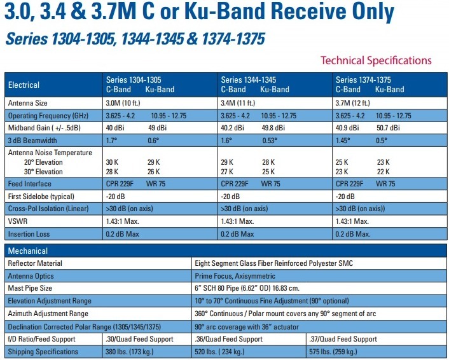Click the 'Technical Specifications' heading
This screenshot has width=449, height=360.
(x=376, y=60)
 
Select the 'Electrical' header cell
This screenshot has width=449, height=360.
(x=24, y=85)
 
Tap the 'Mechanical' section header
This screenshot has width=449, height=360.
(x=28, y=251)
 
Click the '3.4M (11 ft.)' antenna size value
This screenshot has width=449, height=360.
(x=238, y=103)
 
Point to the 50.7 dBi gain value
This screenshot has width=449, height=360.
(x=388, y=128)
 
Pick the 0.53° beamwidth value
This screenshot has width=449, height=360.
(x=270, y=141)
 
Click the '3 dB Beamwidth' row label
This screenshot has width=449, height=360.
(x=32, y=141)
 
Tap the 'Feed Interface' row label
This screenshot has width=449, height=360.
(x=29, y=184)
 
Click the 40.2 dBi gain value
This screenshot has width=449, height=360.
(x=232, y=128)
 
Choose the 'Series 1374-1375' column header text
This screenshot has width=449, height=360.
(x=363, y=80)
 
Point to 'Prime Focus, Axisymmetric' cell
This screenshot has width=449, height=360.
(x=235, y=276)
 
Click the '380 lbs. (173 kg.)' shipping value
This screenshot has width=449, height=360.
(x=130, y=352)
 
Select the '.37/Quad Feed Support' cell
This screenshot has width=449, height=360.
(x=343, y=339)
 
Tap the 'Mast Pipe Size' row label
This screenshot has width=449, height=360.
(x=30, y=288)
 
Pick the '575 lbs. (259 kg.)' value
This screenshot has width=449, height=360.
(x=333, y=352)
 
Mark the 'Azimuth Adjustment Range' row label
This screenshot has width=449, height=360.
(x=48, y=314)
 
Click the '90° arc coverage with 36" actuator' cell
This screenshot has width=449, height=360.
(x=247, y=327)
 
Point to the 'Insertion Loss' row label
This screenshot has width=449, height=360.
(x=29, y=234)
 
